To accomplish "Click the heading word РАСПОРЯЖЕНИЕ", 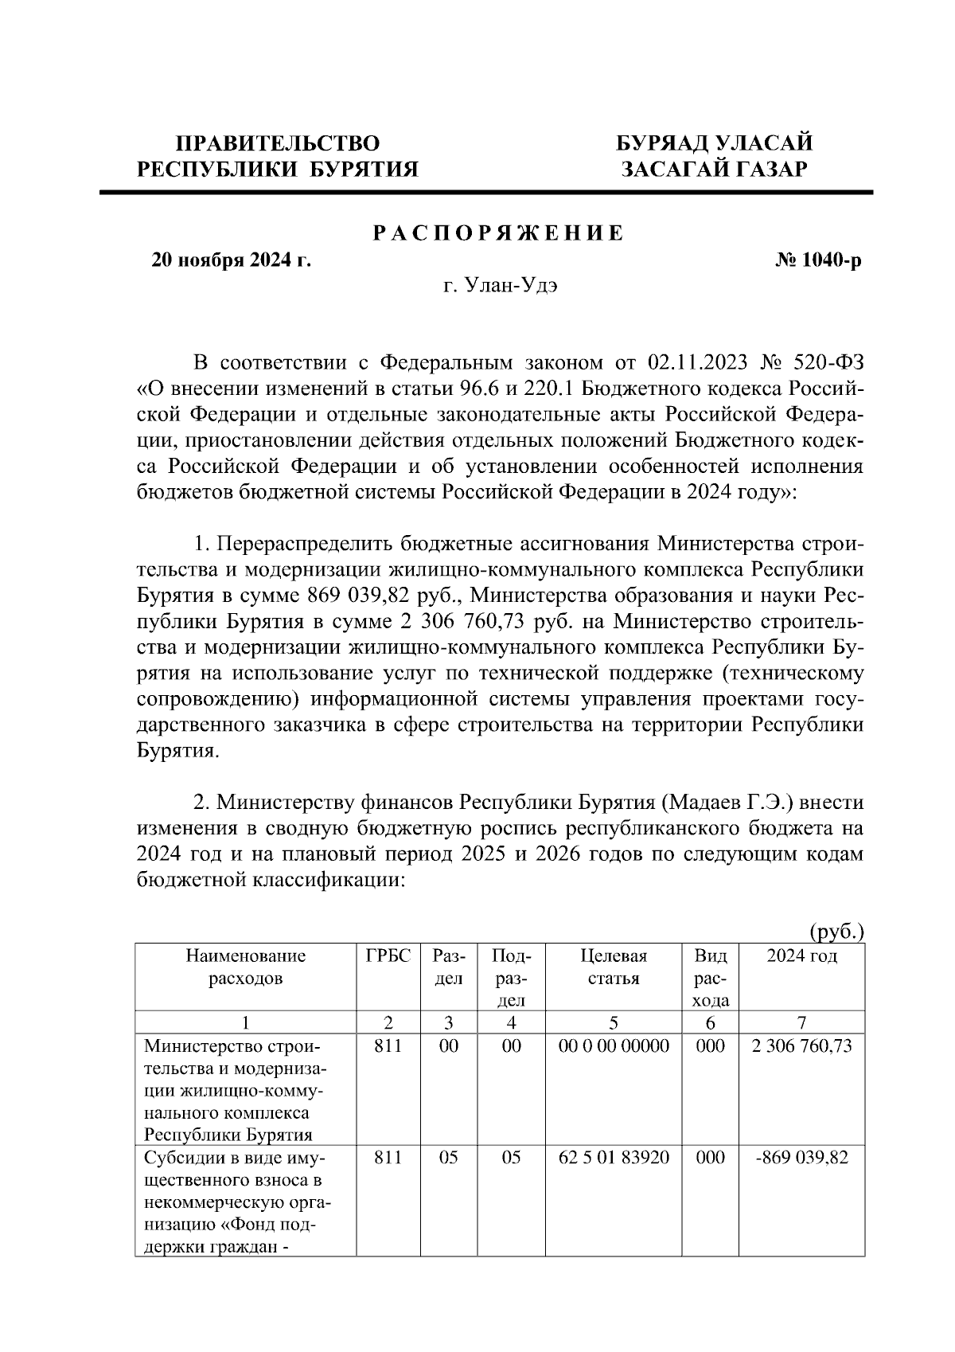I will click(x=499, y=234).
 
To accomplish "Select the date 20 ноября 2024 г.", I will click(x=232, y=260).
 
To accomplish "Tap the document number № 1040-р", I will click(x=817, y=260).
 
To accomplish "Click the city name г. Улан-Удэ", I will click(x=500, y=286).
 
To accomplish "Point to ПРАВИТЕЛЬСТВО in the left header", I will click(x=278, y=143).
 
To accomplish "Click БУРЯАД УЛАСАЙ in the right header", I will click(x=715, y=143).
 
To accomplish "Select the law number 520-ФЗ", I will click(x=828, y=364).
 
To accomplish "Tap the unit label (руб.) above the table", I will click(x=836, y=931).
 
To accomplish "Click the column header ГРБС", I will click(x=388, y=955).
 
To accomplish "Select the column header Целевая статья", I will click(x=614, y=967).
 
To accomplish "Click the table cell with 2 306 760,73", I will click(x=801, y=1045).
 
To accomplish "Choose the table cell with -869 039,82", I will click(x=801, y=1157).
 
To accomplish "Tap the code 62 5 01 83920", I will click(x=614, y=1157).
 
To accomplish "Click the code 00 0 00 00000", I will click(x=614, y=1045).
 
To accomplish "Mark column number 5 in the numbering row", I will click(x=614, y=1022).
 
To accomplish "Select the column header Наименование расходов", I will click(x=245, y=967).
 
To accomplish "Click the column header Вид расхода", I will click(x=711, y=978).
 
